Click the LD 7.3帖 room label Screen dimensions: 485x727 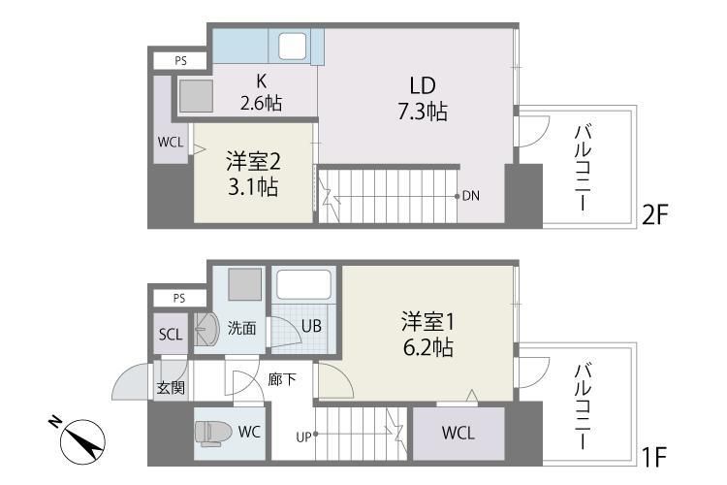click(420, 100)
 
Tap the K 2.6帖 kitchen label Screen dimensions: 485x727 click(261, 93)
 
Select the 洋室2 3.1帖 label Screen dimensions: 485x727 click(252, 174)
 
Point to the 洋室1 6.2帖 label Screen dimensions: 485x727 click(427, 333)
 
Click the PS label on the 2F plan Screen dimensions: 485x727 click(180, 61)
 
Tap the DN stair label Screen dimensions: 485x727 click(471, 196)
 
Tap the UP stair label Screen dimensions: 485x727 click(302, 436)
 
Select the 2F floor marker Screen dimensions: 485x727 click(655, 214)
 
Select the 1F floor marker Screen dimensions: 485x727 click(653, 454)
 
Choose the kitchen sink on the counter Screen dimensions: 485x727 click(290, 46)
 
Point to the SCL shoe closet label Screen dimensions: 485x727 click(170, 335)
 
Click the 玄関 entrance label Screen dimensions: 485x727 click(171, 388)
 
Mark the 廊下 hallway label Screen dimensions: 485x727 click(282, 379)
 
